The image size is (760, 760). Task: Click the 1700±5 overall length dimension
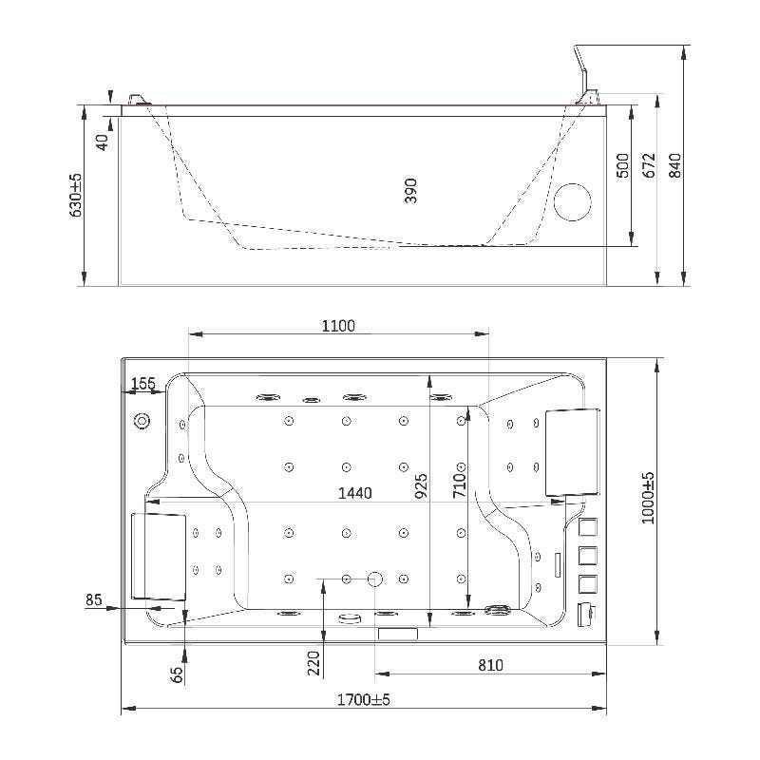364,699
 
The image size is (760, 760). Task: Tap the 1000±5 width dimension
648,498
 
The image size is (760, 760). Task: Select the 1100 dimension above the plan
338,326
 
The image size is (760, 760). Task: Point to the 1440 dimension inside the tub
354,493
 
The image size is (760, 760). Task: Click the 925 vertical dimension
421,486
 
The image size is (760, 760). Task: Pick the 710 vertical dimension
459,485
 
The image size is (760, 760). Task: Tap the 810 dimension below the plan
490,665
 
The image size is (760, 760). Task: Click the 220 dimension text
314,663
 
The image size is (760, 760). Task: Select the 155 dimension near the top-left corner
143,384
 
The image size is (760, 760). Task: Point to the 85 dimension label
93,600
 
